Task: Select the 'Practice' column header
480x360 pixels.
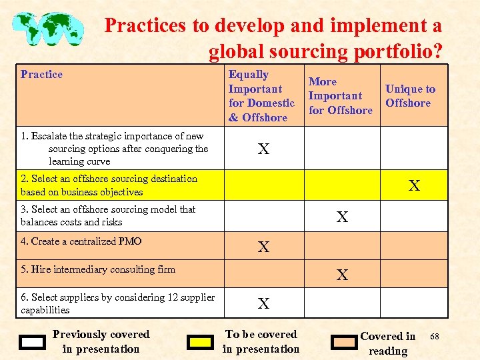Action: coord(41,75)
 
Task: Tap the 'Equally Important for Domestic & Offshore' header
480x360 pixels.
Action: coord(261,96)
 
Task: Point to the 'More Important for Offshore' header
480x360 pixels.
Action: coord(340,96)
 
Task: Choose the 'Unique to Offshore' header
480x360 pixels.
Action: coord(409,96)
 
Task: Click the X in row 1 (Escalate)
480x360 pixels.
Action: coord(264,149)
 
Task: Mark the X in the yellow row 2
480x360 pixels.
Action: coord(414,185)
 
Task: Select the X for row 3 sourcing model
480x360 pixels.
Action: coord(342,217)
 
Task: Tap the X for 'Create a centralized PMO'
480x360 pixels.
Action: coord(264,247)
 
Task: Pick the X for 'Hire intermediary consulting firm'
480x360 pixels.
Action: coord(342,274)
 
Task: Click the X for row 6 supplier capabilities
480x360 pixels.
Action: coord(264,303)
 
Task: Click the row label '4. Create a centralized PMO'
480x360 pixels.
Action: coord(81,241)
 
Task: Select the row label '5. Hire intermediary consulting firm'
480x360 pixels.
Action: coord(98,269)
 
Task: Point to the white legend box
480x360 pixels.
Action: coord(32,343)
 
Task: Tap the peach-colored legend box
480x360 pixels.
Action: coord(344,343)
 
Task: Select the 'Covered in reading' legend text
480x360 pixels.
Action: coord(388,343)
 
